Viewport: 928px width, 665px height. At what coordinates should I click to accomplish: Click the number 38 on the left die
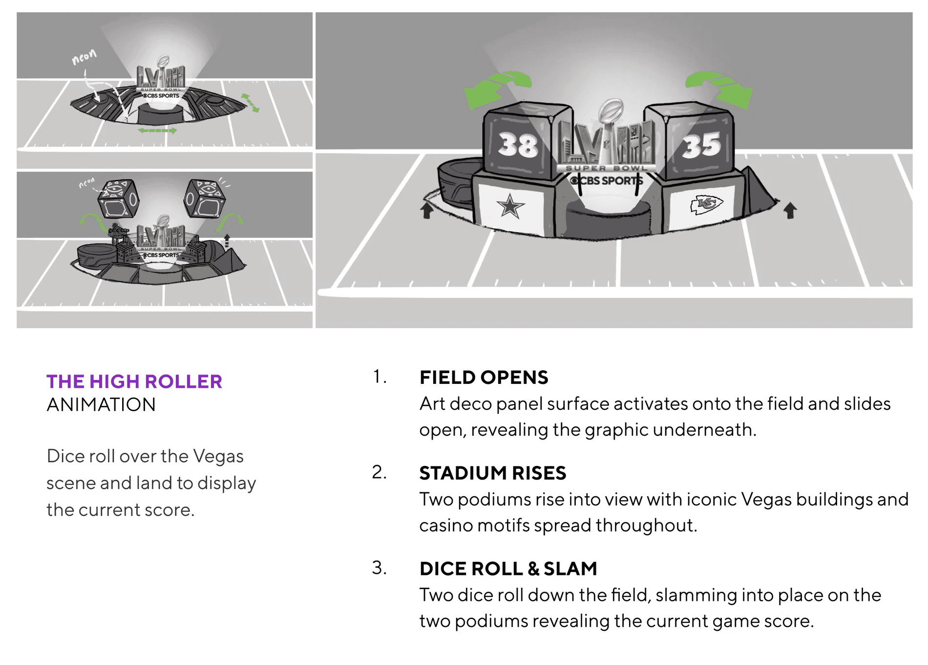point(518,145)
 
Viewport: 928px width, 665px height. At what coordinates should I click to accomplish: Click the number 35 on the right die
point(701,145)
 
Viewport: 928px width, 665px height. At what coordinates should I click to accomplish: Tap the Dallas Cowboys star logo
point(510,206)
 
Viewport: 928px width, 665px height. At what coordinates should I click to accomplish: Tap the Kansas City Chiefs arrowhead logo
point(706,204)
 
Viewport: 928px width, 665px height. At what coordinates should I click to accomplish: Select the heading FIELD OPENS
point(484,377)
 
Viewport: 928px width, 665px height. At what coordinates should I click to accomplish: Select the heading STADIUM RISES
point(492,473)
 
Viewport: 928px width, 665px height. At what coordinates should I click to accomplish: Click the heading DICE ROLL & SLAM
point(508,569)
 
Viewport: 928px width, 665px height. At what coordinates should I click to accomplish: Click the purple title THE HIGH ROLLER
point(134,381)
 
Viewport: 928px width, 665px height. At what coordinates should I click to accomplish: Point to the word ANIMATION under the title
point(101,405)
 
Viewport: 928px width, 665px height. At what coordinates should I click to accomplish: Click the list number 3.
point(379,568)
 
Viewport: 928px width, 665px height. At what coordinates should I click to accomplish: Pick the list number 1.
point(379,377)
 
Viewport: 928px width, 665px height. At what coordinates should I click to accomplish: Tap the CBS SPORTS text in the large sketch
point(606,180)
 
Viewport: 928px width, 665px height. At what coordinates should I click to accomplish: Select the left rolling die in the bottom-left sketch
point(118,198)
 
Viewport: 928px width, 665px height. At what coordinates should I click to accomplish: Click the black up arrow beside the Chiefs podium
point(790,210)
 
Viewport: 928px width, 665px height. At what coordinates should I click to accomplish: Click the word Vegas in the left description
point(218,456)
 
